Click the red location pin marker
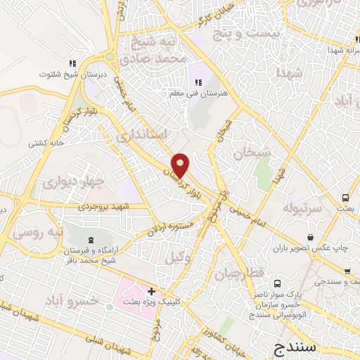181,165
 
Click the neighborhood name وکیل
179,257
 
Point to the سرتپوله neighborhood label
302,208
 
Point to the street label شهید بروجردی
106,206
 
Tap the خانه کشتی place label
46,143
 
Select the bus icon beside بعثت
345,198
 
